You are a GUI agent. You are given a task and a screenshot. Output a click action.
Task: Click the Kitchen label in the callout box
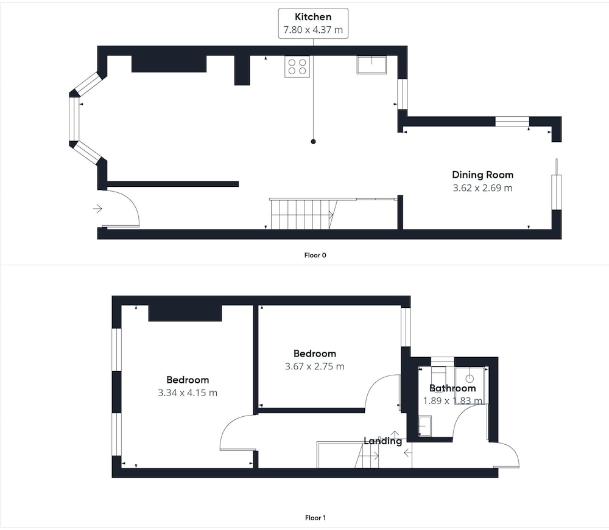313,16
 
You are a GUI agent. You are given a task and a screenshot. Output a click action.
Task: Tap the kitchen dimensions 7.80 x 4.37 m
313,30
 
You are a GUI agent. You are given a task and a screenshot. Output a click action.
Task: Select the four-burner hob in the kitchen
297,67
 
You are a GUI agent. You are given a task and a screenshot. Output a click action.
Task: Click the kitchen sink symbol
371,65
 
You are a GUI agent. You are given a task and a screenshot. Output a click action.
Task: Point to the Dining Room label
483,175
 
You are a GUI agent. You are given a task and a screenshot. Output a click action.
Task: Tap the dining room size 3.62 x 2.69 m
483,188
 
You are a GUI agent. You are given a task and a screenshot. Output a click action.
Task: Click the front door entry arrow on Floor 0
97,209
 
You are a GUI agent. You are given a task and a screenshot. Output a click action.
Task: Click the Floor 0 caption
315,256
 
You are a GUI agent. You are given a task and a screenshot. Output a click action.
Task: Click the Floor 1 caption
315,518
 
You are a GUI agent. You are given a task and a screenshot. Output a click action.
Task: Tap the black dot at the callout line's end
314,142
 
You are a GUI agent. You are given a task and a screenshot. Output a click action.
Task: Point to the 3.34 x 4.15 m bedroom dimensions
188,393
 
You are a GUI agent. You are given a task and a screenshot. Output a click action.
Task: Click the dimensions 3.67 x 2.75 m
315,367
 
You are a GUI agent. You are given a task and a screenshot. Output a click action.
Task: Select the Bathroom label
452,388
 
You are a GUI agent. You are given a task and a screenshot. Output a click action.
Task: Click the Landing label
382,441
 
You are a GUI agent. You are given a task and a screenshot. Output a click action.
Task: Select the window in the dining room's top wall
512,122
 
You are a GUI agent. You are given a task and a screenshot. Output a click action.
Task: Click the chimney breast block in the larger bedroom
185,313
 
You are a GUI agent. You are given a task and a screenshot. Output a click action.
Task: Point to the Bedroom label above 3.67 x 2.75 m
315,354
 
